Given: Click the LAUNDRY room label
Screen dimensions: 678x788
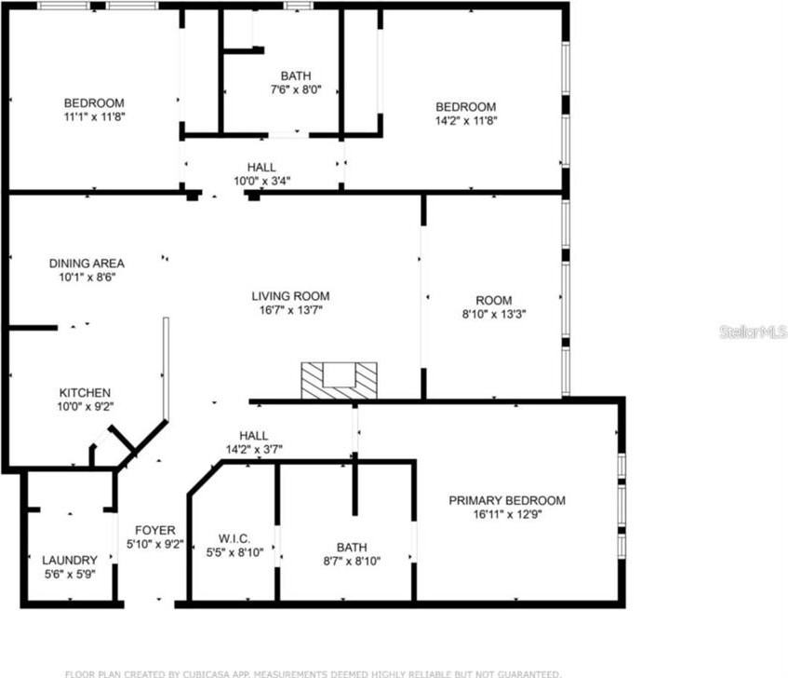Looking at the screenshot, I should tap(70, 560).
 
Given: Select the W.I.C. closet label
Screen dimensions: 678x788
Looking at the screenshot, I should tap(233, 537).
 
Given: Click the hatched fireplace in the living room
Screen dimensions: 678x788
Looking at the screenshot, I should tap(340, 380).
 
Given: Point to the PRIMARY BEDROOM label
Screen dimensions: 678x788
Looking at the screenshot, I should tap(507, 500).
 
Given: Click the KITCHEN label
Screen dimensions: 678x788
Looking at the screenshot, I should tap(86, 392).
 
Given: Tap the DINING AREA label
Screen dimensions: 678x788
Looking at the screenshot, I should tap(87, 264).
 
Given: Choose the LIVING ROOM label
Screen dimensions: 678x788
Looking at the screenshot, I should tap(290, 296).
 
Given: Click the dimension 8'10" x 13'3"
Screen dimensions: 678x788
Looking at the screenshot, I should tap(494, 314).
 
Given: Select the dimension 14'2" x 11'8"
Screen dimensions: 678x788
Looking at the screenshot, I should tap(466, 120).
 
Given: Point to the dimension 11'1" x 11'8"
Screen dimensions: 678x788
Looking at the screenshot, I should tap(94, 116).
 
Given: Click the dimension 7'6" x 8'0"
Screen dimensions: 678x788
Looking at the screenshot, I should tap(296, 89).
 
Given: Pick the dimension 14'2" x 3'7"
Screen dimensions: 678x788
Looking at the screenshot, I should tap(254, 449).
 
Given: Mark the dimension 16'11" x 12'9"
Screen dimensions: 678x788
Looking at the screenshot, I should tap(507, 514).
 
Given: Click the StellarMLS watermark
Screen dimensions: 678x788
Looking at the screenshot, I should tap(753, 332).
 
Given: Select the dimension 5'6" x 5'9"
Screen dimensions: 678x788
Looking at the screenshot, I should tap(70, 574).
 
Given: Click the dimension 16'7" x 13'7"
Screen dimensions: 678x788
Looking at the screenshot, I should tap(290, 310).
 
